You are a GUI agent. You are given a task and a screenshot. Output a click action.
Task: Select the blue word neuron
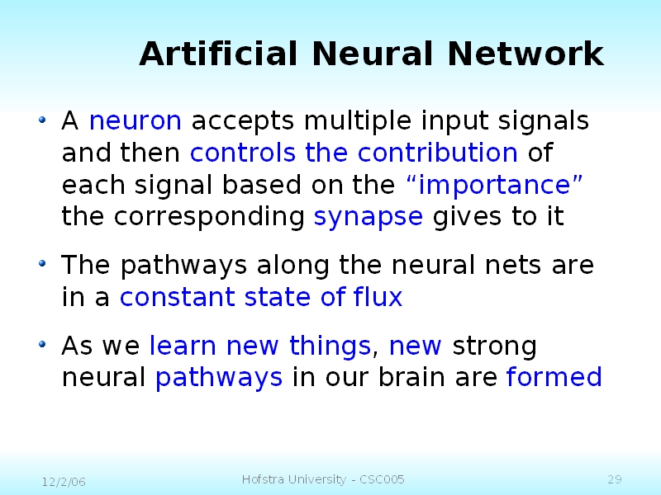(135, 121)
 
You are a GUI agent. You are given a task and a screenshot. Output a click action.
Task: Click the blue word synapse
(369, 217)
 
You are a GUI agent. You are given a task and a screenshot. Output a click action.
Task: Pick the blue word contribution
(437, 153)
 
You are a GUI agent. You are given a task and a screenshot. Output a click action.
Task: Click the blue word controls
(244, 153)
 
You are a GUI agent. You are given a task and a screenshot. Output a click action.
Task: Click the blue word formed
(554, 378)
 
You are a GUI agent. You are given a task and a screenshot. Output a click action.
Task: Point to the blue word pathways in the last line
(219, 378)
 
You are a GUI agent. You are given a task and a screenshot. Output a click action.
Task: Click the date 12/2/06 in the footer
(64, 481)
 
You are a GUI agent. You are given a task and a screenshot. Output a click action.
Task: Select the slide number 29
(614, 480)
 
